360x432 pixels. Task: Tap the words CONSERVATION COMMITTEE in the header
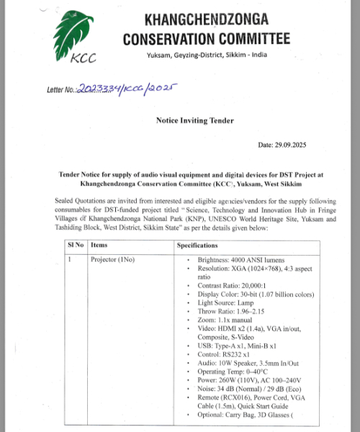tap(207, 38)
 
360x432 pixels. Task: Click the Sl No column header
tap(76, 246)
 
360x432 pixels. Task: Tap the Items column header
tap(99, 246)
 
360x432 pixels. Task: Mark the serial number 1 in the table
tap(70, 259)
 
